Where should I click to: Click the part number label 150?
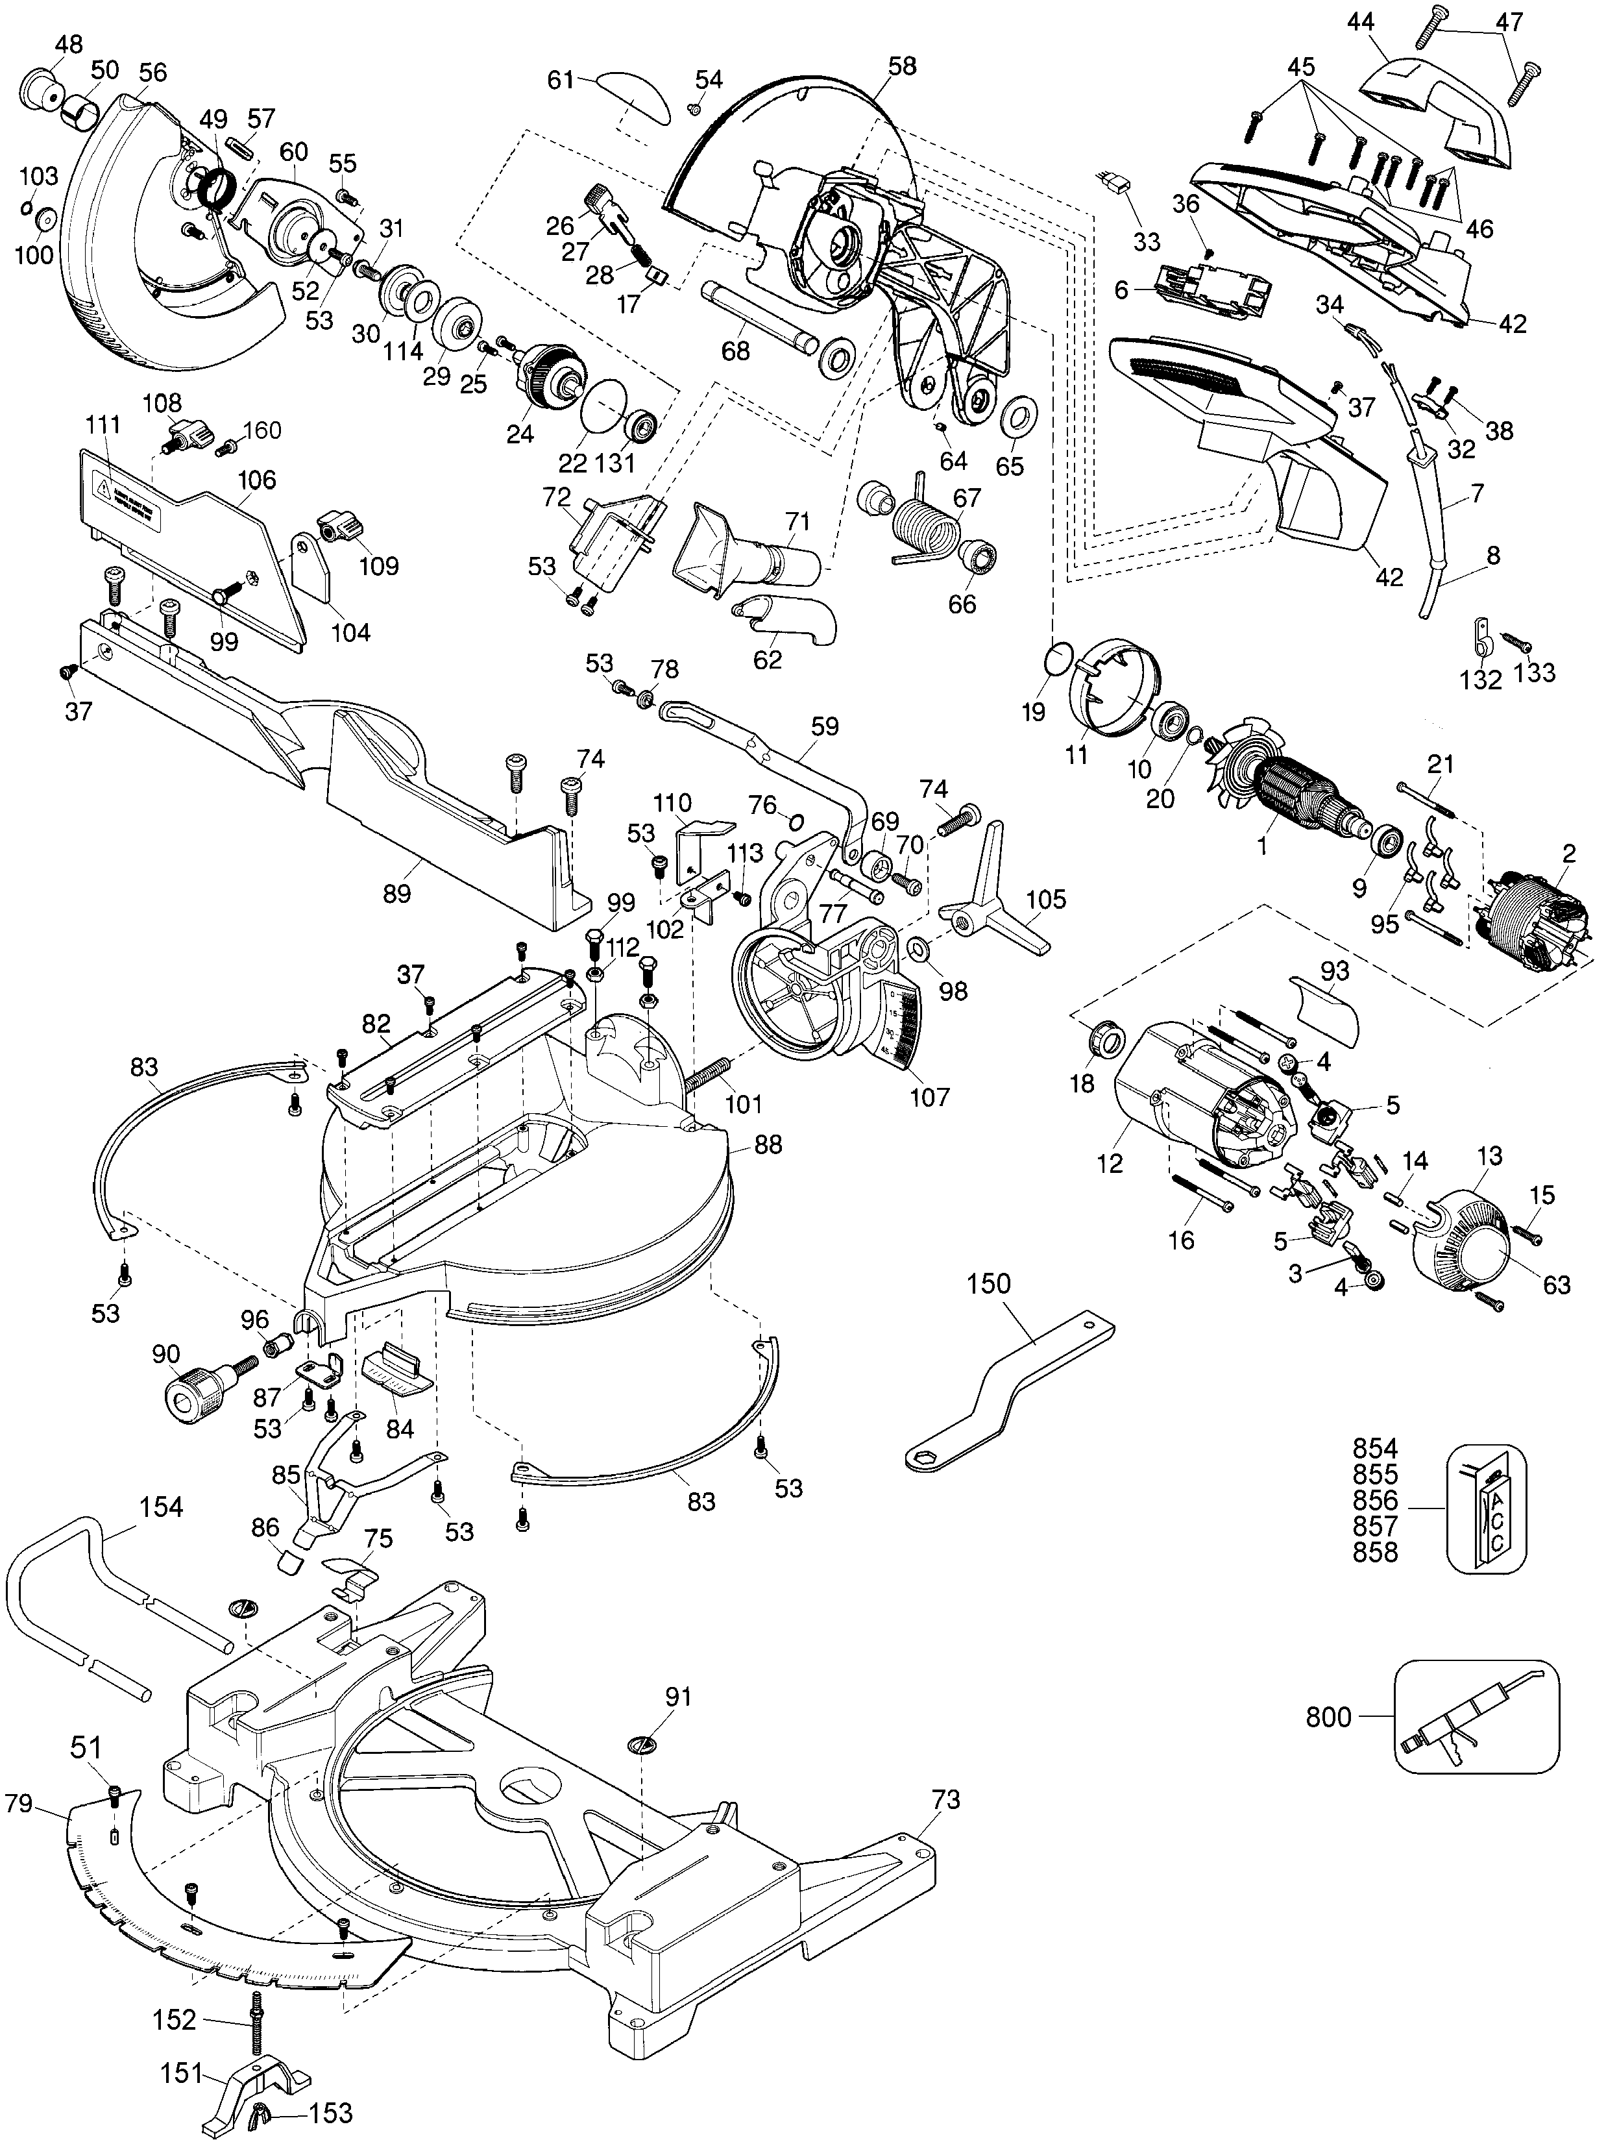click(988, 1284)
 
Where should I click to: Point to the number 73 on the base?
click(946, 1799)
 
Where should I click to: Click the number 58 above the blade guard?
click(901, 66)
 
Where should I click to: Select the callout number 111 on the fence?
click(103, 424)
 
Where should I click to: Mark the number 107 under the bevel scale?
click(931, 1096)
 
